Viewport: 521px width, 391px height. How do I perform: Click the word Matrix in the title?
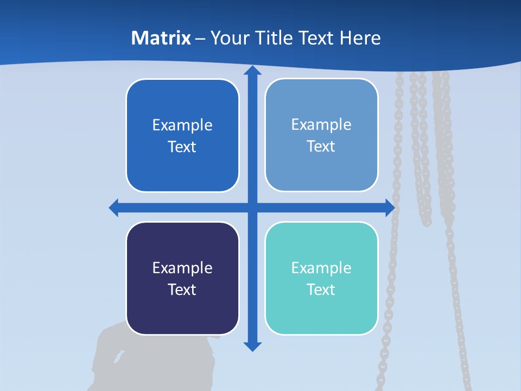pyautogui.click(x=161, y=38)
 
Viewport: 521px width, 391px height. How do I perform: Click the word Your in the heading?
pyautogui.click(x=229, y=38)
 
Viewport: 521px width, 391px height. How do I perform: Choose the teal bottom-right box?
pyautogui.click(x=321, y=310)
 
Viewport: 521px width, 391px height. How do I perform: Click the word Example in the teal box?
pyautogui.click(x=321, y=268)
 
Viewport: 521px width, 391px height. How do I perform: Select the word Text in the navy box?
pyautogui.click(x=182, y=289)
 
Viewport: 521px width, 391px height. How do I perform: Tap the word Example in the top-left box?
pyautogui.click(x=182, y=125)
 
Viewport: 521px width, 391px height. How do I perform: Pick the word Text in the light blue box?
pyautogui.click(x=321, y=146)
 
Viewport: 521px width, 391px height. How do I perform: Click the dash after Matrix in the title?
pyautogui.click(x=200, y=39)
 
